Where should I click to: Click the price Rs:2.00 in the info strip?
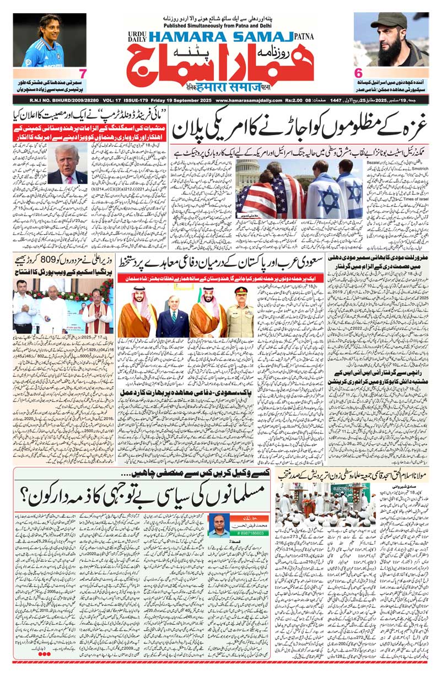tap(302, 100)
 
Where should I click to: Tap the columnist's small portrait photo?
tap(219, 524)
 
